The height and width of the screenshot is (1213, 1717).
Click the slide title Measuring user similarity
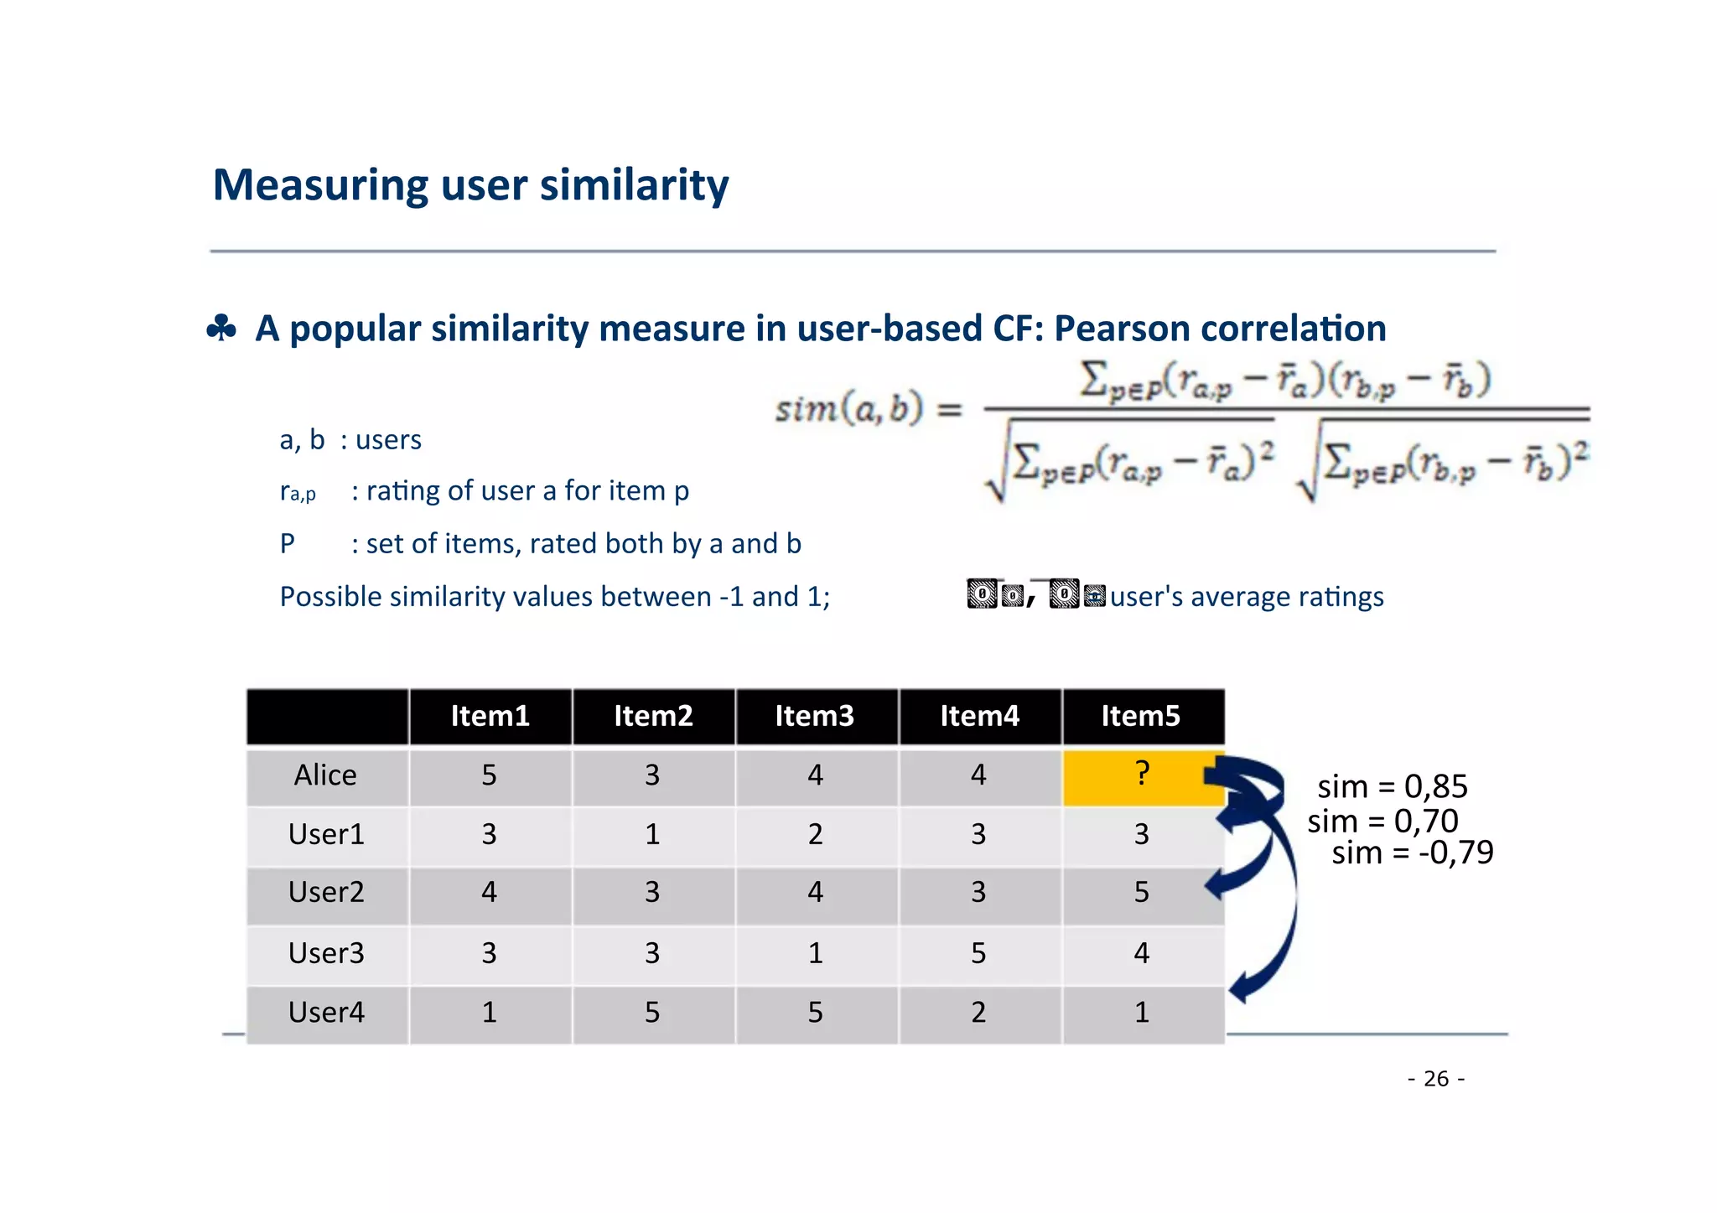pyautogui.click(x=470, y=184)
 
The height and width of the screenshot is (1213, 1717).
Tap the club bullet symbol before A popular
pyautogui.click(x=221, y=329)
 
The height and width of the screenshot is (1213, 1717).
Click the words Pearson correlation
pyautogui.click(x=1219, y=328)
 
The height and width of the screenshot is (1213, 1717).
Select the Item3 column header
pyautogui.click(x=814, y=716)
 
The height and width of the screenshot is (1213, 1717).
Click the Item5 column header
pyautogui.click(x=1140, y=716)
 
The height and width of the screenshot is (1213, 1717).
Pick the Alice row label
pyautogui.click(x=325, y=775)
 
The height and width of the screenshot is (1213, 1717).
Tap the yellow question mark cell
pyautogui.click(x=1141, y=775)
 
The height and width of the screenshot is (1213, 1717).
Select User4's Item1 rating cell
pyautogui.click(x=489, y=1013)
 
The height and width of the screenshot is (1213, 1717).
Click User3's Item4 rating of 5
pyautogui.click(x=978, y=953)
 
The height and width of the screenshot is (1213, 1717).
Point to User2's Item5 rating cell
pyautogui.click(x=1141, y=892)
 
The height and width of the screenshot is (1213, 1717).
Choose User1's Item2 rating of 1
pyautogui.click(x=652, y=834)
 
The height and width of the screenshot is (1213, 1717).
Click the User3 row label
pyautogui.click(x=326, y=953)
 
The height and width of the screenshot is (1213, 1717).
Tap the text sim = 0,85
pyautogui.click(x=1392, y=786)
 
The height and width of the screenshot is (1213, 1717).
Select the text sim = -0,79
pyautogui.click(x=1412, y=853)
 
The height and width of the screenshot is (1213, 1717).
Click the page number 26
pyautogui.click(x=1435, y=1079)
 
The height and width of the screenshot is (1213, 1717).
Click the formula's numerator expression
pyautogui.click(x=1284, y=381)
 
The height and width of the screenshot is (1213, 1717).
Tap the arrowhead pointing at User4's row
pyautogui.click(x=1241, y=989)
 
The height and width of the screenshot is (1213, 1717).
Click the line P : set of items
pyautogui.click(x=540, y=544)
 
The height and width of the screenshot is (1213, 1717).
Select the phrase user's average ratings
pyautogui.click(x=1246, y=597)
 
